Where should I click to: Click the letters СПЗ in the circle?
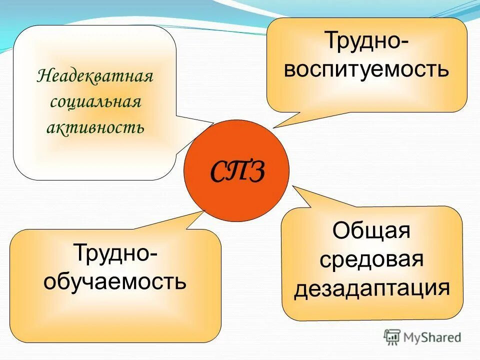tap(236, 171)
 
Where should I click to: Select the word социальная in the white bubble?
tap(95, 103)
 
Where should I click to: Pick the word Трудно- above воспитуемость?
tap(366, 41)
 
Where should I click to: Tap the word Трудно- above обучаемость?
tap(115, 253)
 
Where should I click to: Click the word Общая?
tap(371, 231)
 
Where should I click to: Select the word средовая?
tap(371, 260)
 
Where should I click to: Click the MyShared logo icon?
tap(392, 337)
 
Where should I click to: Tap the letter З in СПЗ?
tap(255, 171)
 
